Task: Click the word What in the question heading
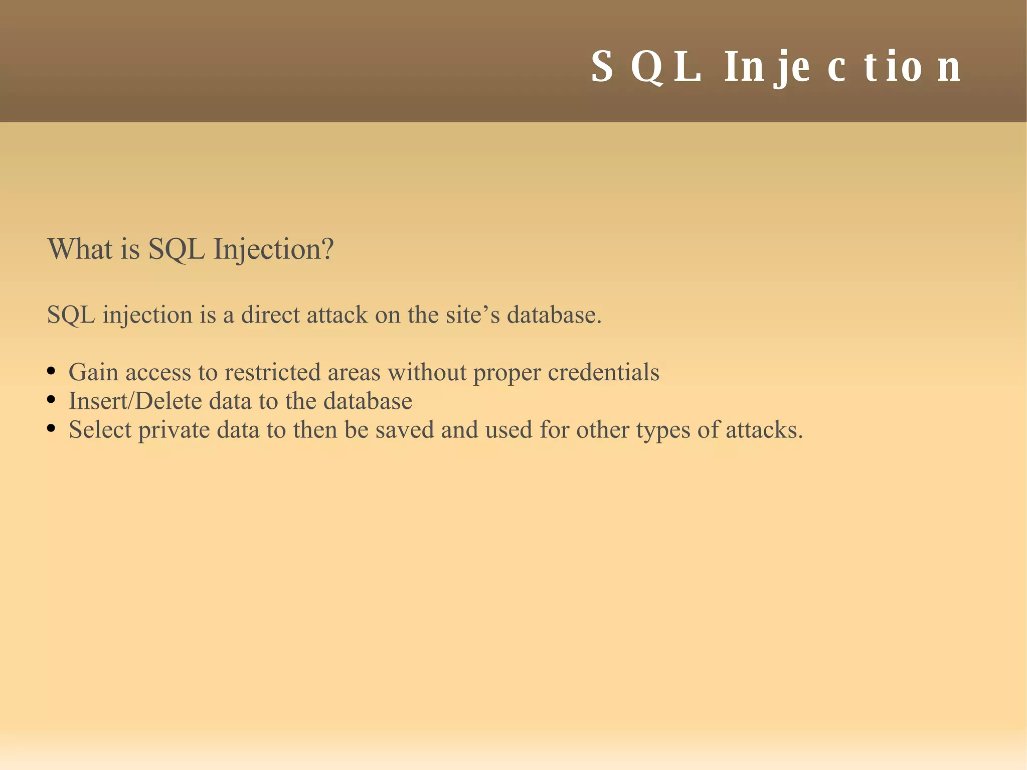pyautogui.click(x=80, y=249)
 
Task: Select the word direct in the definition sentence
pyautogui.click(x=270, y=315)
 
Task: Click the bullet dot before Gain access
pyautogui.click(x=51, y=372)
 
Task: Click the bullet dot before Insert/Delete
pyautogui.click(x=51, y=400)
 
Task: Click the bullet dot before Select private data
pyautogui.click(x=51, y=429)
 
